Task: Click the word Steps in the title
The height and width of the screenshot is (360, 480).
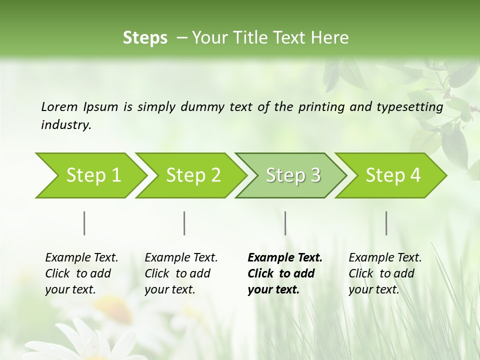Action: pyautogui.click(x=145, y=38)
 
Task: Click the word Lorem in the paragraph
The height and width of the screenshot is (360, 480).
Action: pyautogui.click(x=59, y=106)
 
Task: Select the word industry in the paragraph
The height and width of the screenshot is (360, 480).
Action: pyautogui.click(x=65, y=124)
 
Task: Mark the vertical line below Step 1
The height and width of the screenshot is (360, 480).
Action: pyautogui.click(x=84, y=223)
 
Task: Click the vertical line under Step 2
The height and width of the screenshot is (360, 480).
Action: pyautogui.click(x=184, y=223)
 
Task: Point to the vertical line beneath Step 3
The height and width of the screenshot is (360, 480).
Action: pyautogui.click(x=285, y=223)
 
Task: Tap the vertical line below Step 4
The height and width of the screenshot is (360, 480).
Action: pyautogui.click(x=386, y=223)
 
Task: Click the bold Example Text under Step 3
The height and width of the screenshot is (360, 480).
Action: pyautogui.click(x=285, y=258)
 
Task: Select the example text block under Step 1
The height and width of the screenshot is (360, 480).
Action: pyautogui.click(x=81, y=273)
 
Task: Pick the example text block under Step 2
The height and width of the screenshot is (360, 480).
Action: pyautogui.click(x=181, y=273)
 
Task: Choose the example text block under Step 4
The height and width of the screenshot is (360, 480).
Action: pyautogui.click(x=385, y=273)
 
